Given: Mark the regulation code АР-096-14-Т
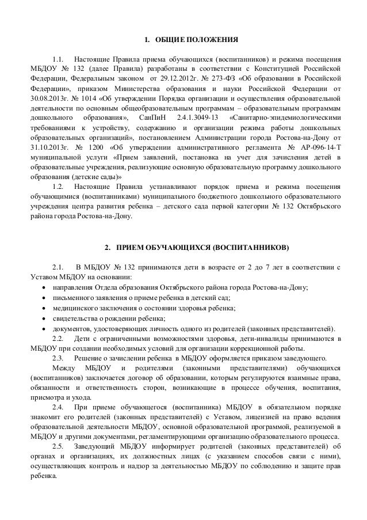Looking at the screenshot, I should click(x=314, y=148).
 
